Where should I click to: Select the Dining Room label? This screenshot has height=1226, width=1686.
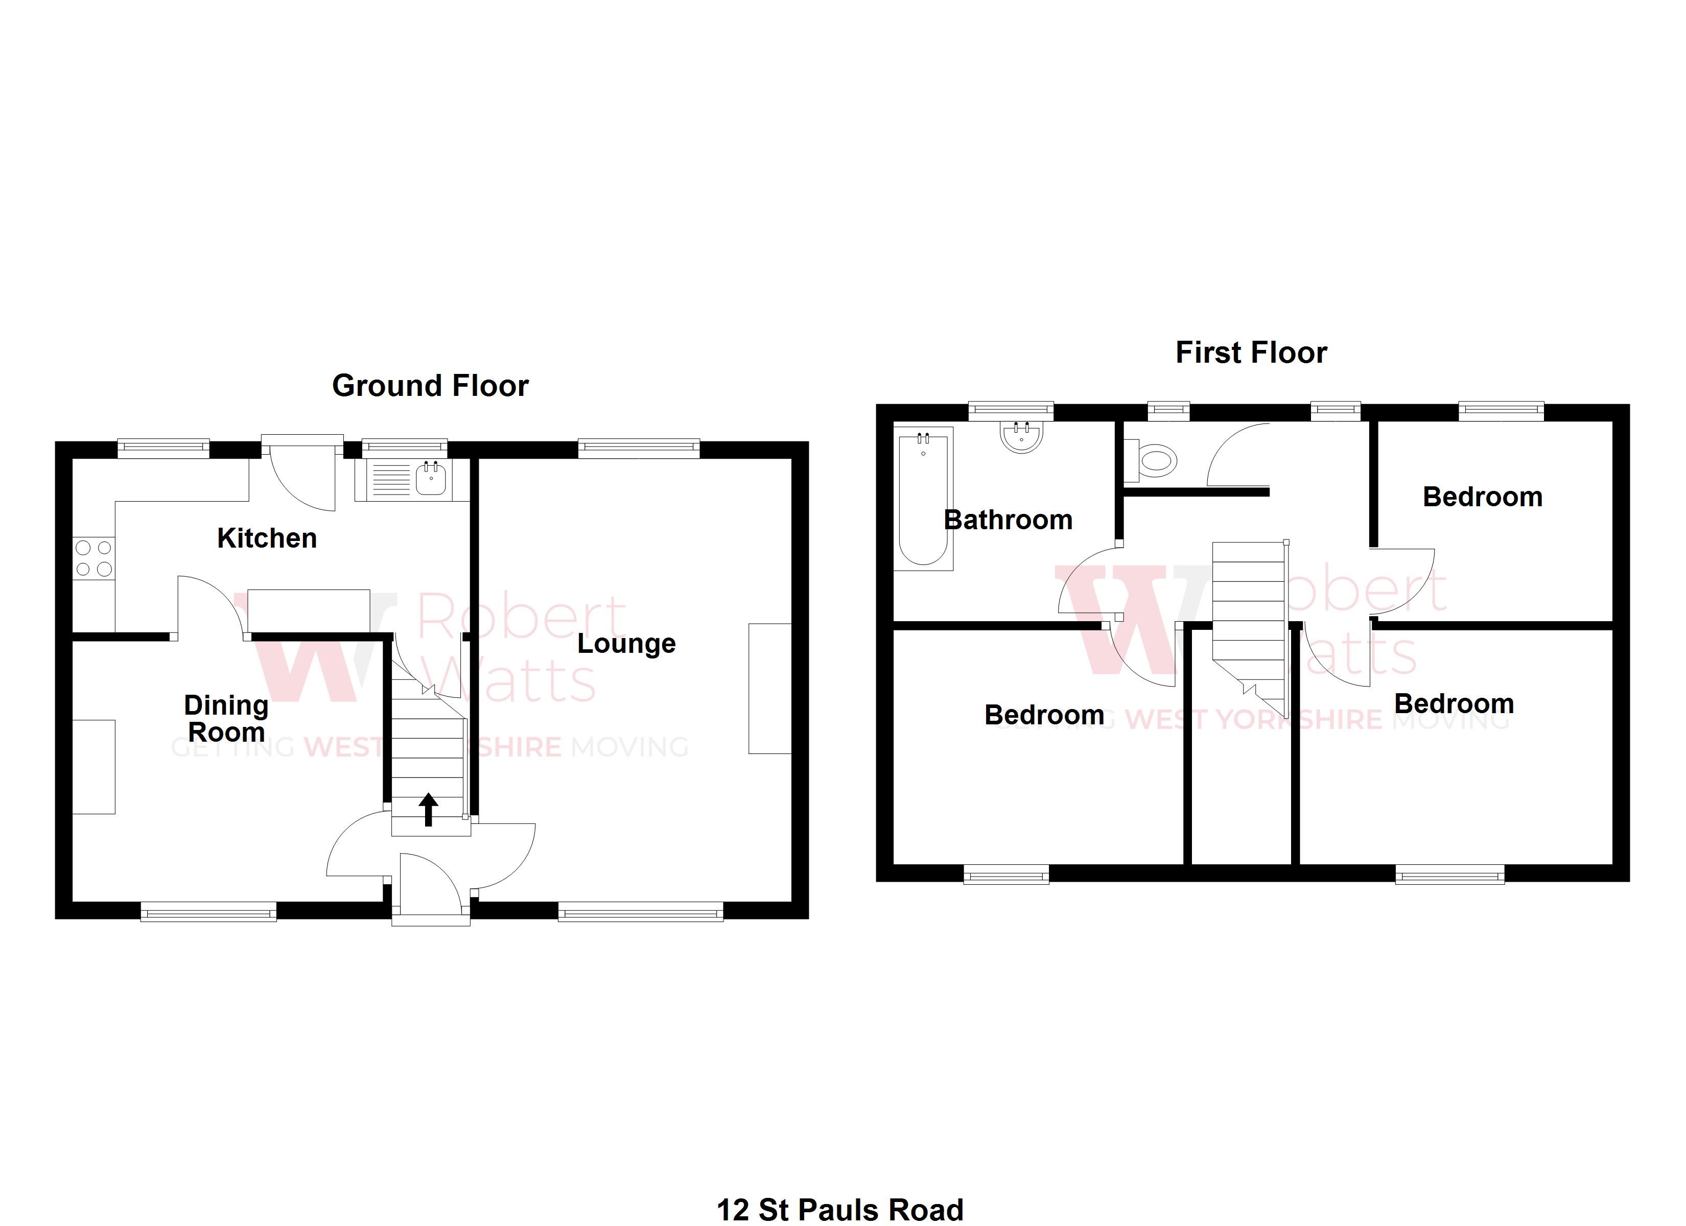[226, 718]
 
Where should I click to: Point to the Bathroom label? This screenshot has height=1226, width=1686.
[1008, 520]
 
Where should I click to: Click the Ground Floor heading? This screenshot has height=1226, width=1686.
[430, 386]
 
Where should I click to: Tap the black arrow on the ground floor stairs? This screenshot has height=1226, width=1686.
[428, 809]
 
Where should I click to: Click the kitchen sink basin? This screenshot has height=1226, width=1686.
[430, 479]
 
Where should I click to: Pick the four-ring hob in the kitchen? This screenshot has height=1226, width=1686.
[93, 558]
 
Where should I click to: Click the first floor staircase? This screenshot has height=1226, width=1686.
[1249, 609]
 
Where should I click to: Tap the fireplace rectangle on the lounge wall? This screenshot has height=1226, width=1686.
[769, 689]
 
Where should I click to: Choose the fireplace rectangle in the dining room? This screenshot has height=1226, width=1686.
[93, 767]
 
